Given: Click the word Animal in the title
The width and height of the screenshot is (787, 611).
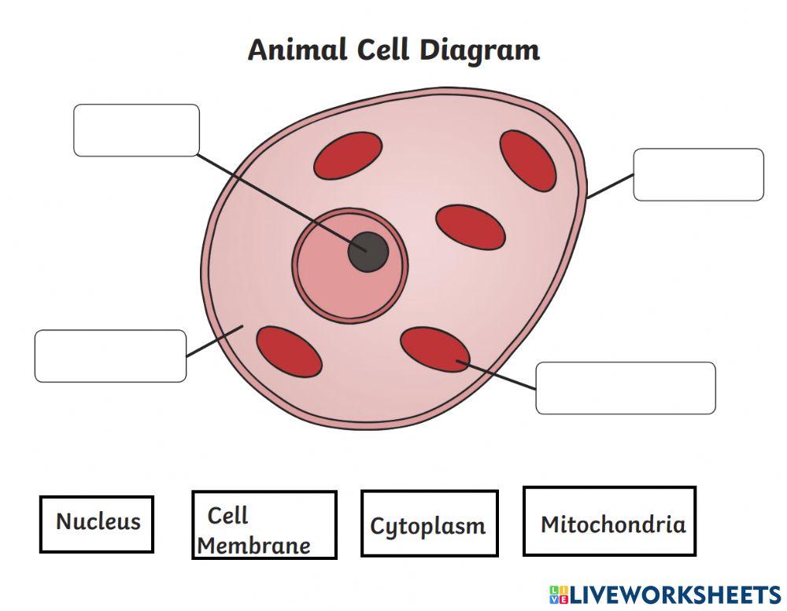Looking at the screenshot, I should coord(297,50).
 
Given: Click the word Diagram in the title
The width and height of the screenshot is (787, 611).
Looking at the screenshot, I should coord(479,50).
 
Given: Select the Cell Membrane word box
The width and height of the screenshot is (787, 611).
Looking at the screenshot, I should coord(264,525).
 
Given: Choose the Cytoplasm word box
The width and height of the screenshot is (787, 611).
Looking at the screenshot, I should coord(429,524).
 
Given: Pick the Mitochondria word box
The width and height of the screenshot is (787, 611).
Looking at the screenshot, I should coord(609,521).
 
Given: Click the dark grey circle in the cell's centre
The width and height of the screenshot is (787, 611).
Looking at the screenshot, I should coord(368,252).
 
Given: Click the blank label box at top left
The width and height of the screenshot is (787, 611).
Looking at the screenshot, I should coord(136,130).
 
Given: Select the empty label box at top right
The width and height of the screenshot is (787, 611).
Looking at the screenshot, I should coord(698,175).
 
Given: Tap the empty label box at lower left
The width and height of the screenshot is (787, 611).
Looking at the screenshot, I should coord(110,356).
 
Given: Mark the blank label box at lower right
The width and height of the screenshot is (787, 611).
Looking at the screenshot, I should coord(625,388).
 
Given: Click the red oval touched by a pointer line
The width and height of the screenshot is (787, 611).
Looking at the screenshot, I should coord(434,350).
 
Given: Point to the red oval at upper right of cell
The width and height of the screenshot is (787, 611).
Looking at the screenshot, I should coord(528,160).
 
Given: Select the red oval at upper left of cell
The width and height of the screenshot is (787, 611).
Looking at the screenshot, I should coord(348,155).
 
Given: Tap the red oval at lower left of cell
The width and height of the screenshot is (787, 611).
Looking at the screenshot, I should coord(289,351).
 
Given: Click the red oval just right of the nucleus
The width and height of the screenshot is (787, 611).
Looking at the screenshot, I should coord(470,227).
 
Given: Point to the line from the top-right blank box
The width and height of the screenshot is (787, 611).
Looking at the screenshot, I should coord(611,186).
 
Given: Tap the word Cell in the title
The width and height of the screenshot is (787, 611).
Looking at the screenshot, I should coord(383,50).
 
